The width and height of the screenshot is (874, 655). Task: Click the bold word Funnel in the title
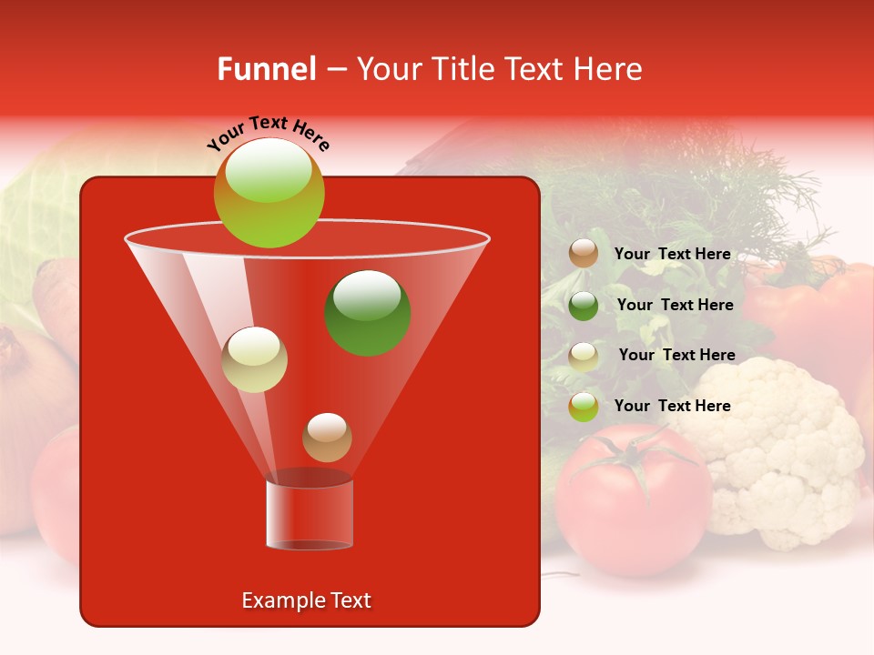[266, 69]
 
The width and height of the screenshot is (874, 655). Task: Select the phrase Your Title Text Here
[499, 69]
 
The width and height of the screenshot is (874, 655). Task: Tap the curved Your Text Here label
[269, 133]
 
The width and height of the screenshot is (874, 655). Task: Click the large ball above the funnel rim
[269, 193]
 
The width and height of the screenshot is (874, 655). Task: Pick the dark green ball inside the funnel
[367, 313]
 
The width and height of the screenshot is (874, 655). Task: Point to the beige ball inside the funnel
[254, 359]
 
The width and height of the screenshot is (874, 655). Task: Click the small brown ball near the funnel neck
[327, 437]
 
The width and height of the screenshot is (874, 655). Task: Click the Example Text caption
[306, 600]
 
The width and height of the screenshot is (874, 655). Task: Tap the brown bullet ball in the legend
[584, 254]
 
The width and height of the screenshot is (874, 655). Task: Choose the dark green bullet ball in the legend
[584, 305]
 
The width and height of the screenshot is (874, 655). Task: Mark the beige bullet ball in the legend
[584, 356]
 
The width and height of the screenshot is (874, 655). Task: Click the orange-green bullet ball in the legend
[584, 406]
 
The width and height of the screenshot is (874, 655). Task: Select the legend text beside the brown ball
[672, 255]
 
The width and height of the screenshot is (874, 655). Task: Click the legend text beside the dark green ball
[675, 306]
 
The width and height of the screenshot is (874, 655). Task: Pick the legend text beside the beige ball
[676, 356]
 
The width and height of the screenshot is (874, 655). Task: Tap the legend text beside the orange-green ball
[672, 407]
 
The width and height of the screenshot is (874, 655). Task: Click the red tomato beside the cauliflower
[628, 509]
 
